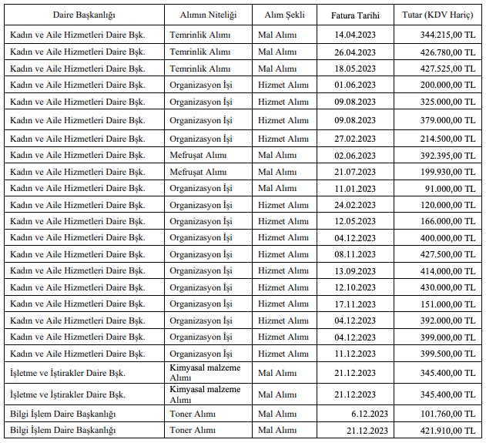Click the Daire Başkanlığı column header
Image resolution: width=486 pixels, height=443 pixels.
[83, 15]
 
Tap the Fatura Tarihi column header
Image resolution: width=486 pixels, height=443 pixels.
[355, 15]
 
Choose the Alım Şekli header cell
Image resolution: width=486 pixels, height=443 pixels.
[284, 15]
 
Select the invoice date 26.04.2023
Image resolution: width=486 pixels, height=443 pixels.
[355, 52]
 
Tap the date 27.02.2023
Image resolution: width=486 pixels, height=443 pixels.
[355, 139]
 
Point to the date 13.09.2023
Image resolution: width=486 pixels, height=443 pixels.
[355, 271]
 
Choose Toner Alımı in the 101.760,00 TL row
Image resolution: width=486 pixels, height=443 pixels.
[193, 414]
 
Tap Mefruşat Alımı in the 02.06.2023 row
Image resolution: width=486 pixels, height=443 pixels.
[198, 154]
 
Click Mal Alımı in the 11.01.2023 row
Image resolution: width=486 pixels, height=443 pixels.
[277, 188]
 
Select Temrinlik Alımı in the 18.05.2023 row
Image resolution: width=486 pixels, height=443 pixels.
[199, 68]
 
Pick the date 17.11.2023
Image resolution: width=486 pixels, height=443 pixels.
[355, 304]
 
